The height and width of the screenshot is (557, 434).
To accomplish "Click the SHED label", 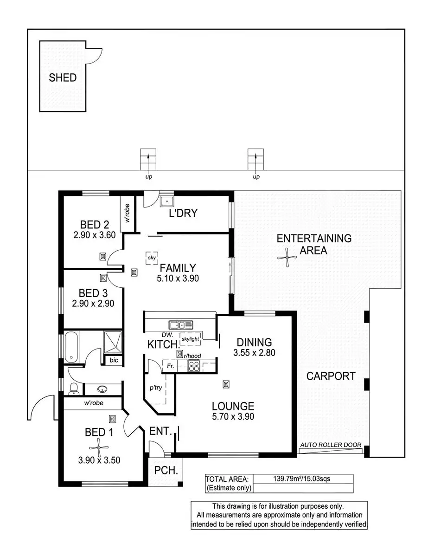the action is click(63, 78).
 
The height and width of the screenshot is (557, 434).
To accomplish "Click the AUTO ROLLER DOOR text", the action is click(331, 445).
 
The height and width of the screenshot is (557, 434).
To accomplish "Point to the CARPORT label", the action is click(331, 376).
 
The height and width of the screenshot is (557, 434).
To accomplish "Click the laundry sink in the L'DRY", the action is click(166, 201).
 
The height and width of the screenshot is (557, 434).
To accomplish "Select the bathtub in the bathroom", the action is click(72, 346).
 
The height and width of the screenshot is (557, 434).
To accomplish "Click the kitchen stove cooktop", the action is click(194, 366).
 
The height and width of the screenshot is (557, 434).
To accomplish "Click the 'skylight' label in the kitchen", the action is click(190, 339).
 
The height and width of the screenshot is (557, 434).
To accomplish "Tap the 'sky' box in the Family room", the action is click(151, 258).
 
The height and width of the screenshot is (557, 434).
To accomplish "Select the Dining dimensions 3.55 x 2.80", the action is click(254, 352).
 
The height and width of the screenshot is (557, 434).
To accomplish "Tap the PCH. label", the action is click(164, 471).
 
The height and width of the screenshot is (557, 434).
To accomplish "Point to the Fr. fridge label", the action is click(170, 366).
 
